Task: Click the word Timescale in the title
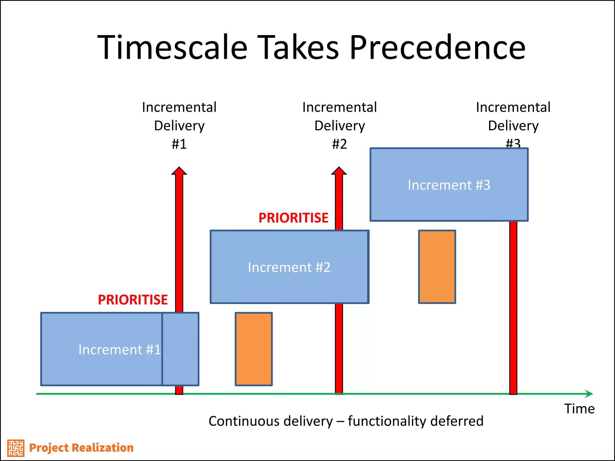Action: [172, 47]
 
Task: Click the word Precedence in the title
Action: [438, 47]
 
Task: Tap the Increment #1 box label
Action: [120, 350]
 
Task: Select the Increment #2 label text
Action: [289, 267]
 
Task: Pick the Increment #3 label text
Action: [449, 185]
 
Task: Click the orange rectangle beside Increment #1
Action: [254, 349]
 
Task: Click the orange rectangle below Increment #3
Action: [437, 267]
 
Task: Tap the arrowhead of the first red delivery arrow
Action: [179, 171]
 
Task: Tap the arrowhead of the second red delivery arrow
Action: [339, 171]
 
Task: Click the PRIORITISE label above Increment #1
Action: [133, 300]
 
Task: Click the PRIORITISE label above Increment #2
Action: [293, 218]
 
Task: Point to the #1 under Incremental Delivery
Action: [179, 144]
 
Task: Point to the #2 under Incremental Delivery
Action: [339, 144]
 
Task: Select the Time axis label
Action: [579, 409]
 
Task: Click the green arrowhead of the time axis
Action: [589, 394]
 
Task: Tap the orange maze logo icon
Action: [16, 448]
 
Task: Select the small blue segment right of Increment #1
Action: [180, 349]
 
